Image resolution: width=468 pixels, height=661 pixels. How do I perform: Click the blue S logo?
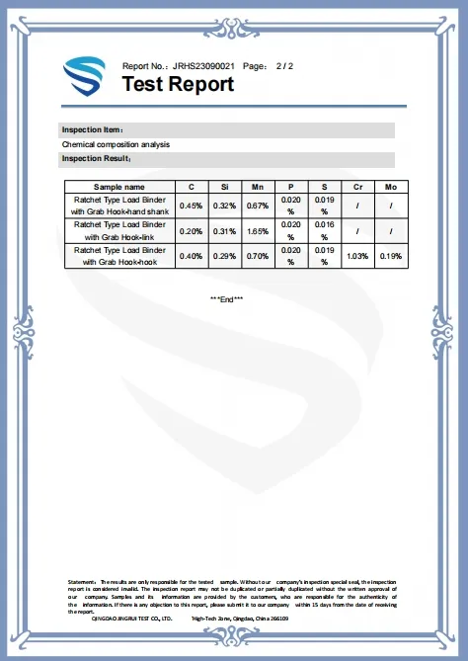pyautogui.click(x=84, y=76)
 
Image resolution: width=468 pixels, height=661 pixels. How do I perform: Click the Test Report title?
pyautogui.click(x=178, y=84)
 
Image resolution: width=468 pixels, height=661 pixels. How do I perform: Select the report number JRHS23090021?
pyautogui.click(x=202, y=65)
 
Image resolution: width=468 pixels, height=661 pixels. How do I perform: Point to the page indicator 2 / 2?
pyautogui.click(x=284, y=65)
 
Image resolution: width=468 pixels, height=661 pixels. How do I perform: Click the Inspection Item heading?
pyautogui.click(x=92, y=129)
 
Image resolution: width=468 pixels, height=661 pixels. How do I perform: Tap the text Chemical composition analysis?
pyautogui.click(x=116, y=144)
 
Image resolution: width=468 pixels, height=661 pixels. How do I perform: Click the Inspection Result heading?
pyautogui.click(x=96, y=158)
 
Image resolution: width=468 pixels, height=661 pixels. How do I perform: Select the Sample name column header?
pyautogui.click(x=118, y=186)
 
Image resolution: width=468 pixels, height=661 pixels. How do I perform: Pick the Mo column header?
pyautogui.click(x=391, y=186)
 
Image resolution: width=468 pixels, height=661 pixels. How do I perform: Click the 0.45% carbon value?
pyautogui.click(x=192, y=206)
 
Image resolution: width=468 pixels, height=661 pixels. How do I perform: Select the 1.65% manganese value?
pyautogui.click(x=258, y=231)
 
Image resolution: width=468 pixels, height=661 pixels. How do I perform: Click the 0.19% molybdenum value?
pyautogui.click(x=391, y=257)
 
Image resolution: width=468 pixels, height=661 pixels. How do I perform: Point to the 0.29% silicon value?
pyautogui.click(x=225, y=257)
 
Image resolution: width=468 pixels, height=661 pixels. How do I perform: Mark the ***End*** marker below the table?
pyautogui.click(x=227, y=298)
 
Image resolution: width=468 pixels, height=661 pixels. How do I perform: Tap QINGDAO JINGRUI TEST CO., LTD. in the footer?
pyautogui.click(x=131, y=618)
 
